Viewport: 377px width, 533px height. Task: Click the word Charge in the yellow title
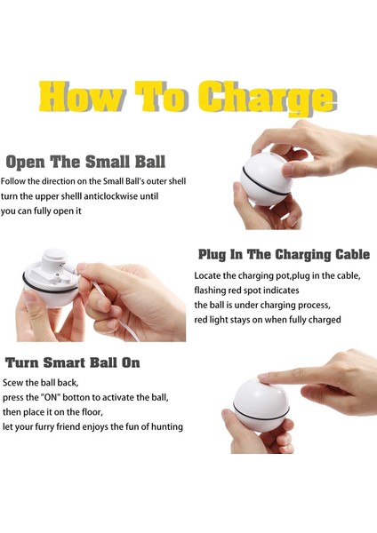click(x=267, y=98)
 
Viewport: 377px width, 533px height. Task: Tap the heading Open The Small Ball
click(x=85, y=162)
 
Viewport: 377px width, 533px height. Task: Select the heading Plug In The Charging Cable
click(x=284, y=254)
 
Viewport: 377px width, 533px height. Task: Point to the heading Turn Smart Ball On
click(x=73, y=362)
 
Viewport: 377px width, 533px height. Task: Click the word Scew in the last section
click(x=13, y=383)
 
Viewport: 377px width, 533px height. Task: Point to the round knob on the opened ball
click(x=53, y=259)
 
